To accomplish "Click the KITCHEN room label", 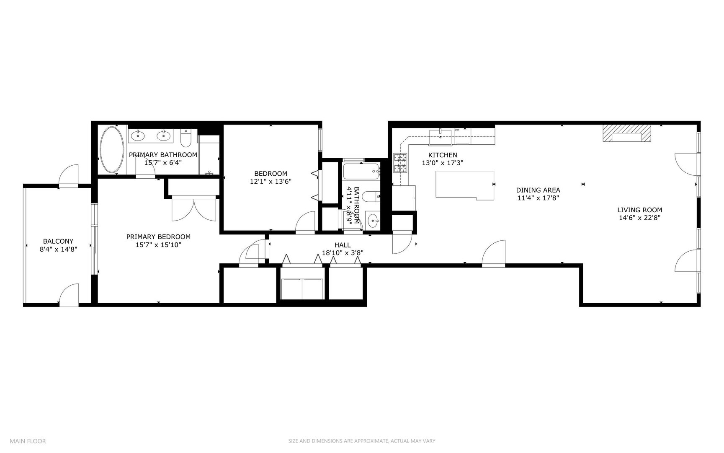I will (442, 155).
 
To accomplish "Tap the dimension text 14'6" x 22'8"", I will (639, 218).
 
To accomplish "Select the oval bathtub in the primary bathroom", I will (111, 149).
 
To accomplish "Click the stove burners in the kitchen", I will (400, 164).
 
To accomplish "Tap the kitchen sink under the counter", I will (440, 134).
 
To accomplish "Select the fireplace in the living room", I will (627, 135).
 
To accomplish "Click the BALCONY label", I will (58, 241).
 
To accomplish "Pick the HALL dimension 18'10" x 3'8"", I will (342, 253).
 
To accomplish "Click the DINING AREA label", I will (538, 190).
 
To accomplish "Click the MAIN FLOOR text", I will (28, 441).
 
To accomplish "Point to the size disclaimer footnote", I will (362, 441).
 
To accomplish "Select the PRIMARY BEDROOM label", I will (158, 237).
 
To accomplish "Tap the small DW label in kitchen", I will (457, 130).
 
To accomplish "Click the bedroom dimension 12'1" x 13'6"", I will (271, 181).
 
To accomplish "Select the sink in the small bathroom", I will (372, 220).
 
